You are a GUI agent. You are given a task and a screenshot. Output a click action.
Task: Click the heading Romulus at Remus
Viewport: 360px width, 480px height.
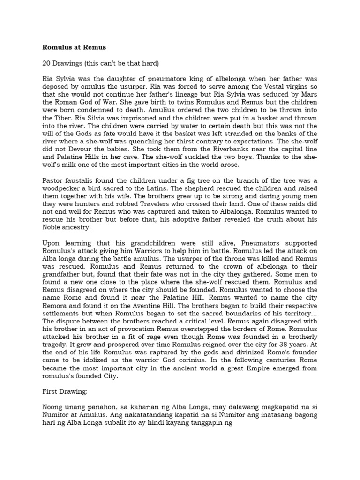tap(74, 47)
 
